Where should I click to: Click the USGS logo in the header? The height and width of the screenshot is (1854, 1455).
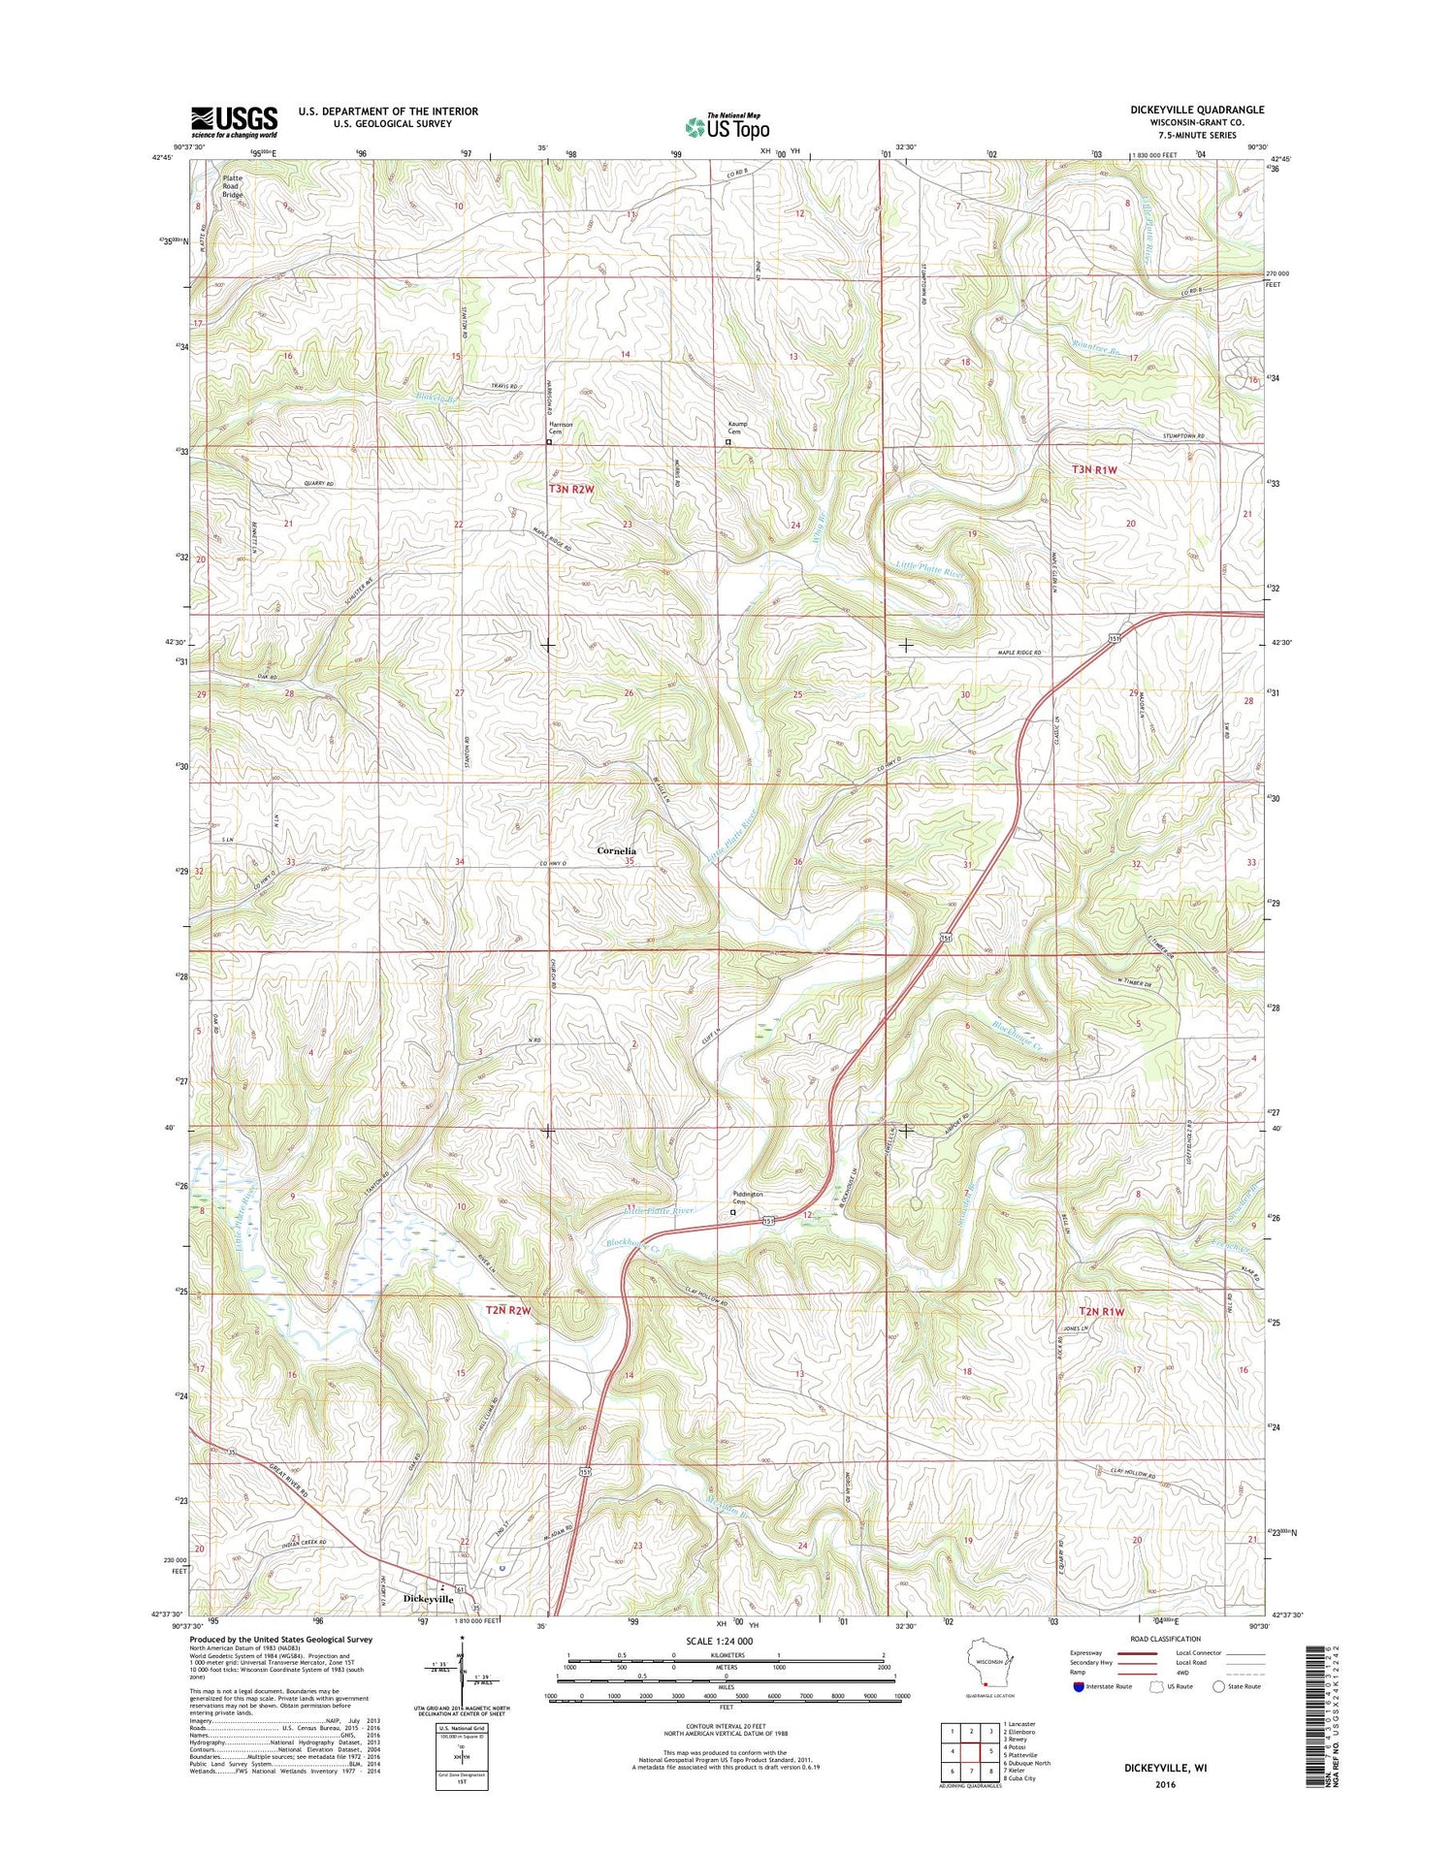(x=234, y=121)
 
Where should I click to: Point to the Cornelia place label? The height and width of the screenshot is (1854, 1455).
(x=617, y=850)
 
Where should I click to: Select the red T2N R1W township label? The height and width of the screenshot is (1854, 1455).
(x=1100, y=1311)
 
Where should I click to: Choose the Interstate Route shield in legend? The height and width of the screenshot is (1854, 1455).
(x=1079, y=1686)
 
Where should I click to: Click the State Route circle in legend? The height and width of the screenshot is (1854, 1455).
(x=1218, y=1686)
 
